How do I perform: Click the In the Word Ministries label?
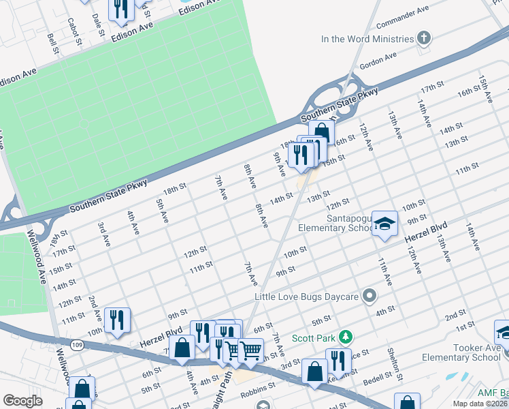[367, 39]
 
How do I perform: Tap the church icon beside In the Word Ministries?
[425, 38]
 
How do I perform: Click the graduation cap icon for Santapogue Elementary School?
[384, 223]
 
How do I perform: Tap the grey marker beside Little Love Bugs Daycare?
[370, 296]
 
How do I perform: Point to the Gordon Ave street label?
[377, 60]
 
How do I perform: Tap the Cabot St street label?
[74, 31]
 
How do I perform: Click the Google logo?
[22, 401]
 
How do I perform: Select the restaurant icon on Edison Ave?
[121, 8]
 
